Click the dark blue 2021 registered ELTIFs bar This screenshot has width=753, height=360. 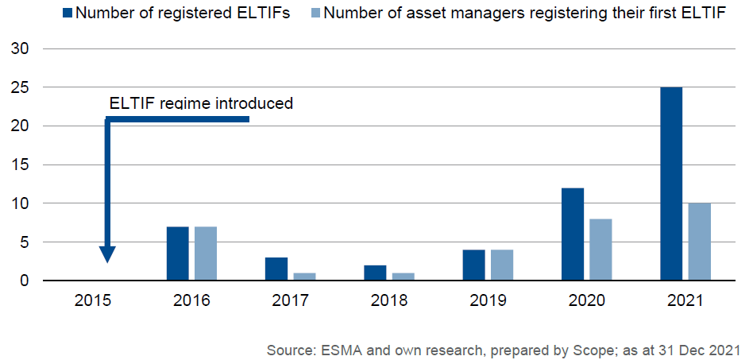(x=671, y=184)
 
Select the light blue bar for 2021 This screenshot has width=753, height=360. (x=699, y=242)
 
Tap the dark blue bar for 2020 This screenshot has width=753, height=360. (x=573, y=234)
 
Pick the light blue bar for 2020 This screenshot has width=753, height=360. (x=600, y=250)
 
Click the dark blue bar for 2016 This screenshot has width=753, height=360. (x=178, y=254)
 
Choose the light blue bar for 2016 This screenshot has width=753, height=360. (x=206, y=254)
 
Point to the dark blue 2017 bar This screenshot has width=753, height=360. (x=276, y=269)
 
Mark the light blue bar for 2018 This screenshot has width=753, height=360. (x=403, y=277)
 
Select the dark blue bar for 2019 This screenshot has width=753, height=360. (x=473, y=265)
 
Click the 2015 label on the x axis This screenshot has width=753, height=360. (x=93, y=301)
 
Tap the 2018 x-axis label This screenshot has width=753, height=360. (x=389, y=301)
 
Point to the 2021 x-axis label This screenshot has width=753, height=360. (x=685, y=301)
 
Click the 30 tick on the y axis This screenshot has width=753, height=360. (x=22, y=49)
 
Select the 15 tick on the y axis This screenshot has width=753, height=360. (x=22, y=165)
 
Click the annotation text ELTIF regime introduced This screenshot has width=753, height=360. (x=201, y=103)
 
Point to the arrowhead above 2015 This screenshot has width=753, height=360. (x=107, y=255)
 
